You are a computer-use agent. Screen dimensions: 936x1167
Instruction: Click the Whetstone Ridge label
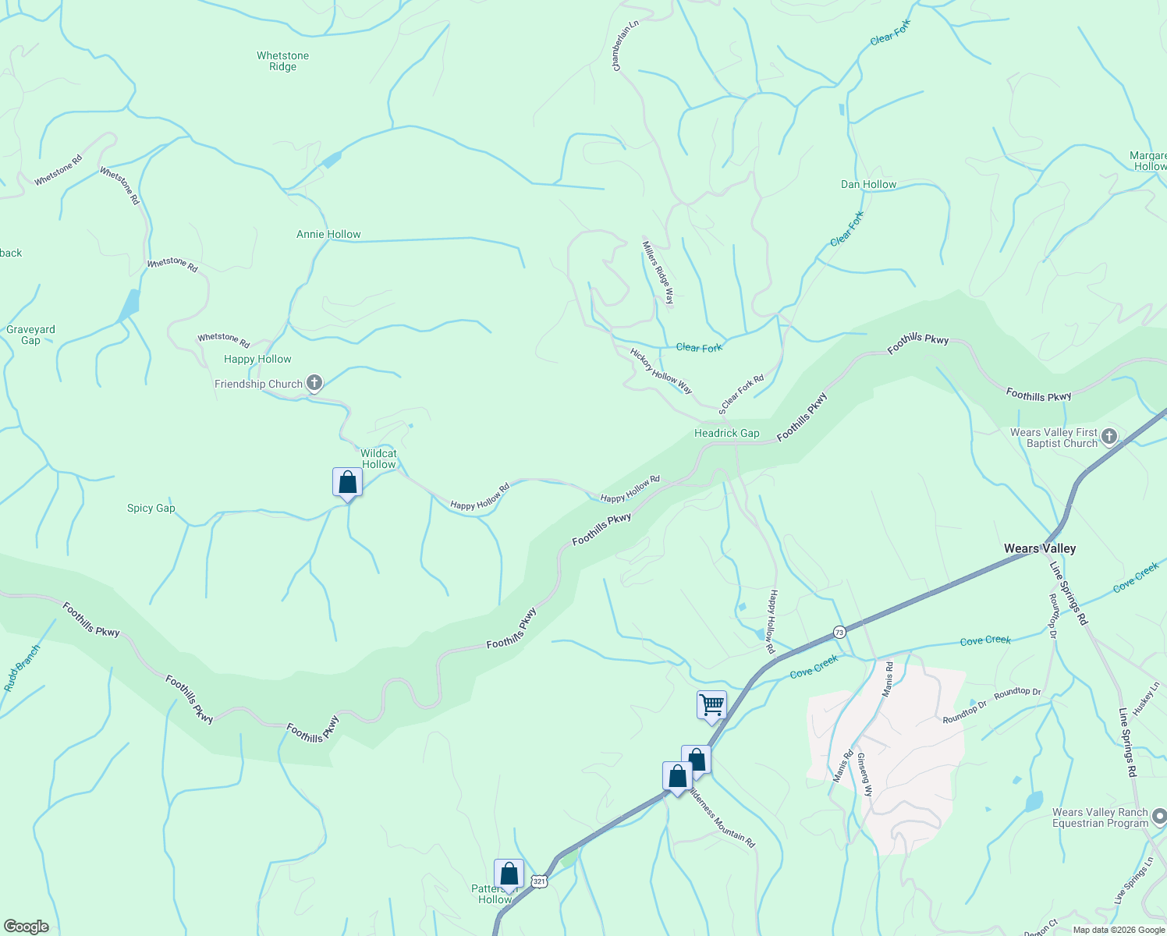tap(282, 61)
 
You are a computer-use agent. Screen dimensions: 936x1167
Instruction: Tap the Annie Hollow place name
tap(328, 234)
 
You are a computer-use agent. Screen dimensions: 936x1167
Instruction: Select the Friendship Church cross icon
tap(314, 383)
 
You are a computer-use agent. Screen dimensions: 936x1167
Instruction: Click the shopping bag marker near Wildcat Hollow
tap(347, 483)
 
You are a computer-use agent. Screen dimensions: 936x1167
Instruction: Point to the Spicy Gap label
tap(151, 508)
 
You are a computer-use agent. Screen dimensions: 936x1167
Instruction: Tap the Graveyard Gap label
tap(30, 335)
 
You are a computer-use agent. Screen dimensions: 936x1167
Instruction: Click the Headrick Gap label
tap(726, 433)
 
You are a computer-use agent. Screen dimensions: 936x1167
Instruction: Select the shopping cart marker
tap(711, 705)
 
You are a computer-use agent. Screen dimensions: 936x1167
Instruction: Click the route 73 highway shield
tap(839, 631)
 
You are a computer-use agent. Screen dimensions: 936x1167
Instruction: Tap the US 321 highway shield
tap(538, 881)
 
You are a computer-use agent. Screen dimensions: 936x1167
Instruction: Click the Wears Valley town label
tap(1040, 548)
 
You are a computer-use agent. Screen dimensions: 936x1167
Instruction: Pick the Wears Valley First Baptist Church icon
tap(1109, 436)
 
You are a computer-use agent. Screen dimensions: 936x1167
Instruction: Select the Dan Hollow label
tap(868, 184)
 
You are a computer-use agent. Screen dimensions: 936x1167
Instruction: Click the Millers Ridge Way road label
tap(658, 271)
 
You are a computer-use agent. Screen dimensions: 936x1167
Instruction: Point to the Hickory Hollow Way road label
tap(661, 370)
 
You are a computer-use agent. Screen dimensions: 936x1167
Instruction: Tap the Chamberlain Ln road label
tap(626, 45)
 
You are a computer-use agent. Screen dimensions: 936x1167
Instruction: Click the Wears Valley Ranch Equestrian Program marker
tap(1159, 817)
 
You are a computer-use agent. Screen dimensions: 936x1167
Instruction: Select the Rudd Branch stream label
tap(22, 668)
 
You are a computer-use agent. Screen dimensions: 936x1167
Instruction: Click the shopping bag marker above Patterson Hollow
tap(509, 874)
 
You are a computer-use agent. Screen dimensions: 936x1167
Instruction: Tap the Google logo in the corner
tap(25, 927)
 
